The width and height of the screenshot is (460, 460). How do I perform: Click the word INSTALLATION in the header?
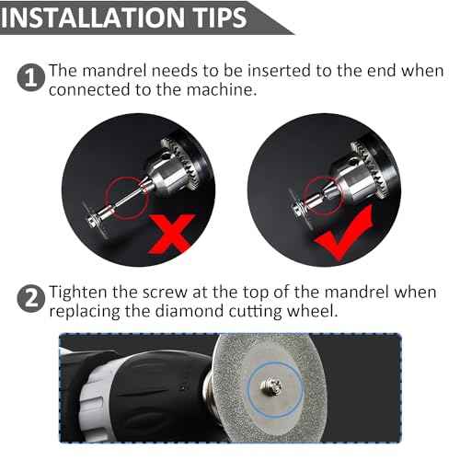(x=88, y=17)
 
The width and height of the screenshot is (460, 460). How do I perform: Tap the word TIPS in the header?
(x=212, y=17)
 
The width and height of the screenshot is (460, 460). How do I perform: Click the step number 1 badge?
(x=30, y=77)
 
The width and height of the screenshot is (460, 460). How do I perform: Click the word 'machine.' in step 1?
(x=245, y=89)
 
